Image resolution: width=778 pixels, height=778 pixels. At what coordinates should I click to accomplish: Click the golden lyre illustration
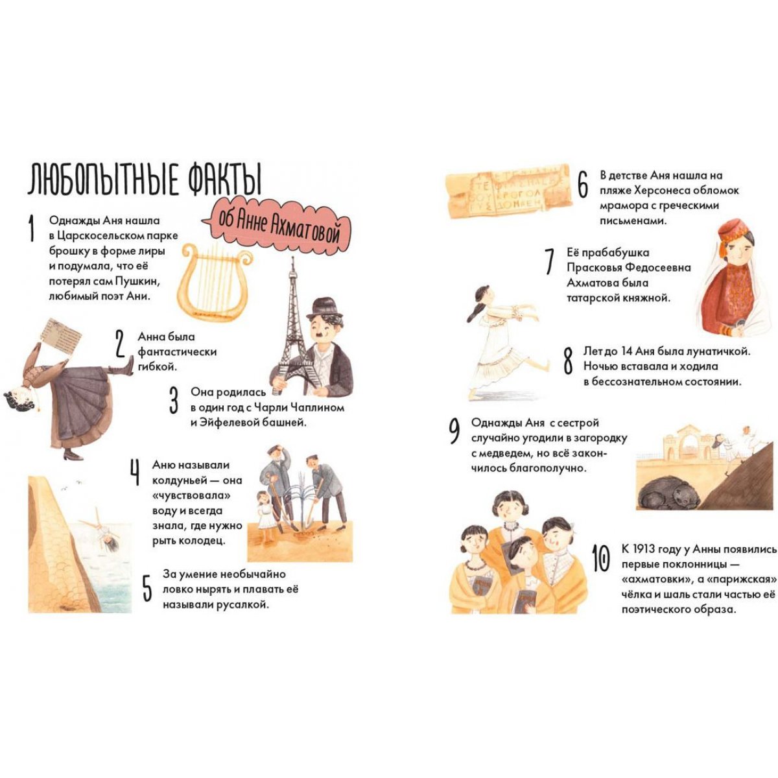tap(217, 281)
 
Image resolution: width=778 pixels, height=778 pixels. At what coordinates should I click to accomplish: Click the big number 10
tap(600, 558)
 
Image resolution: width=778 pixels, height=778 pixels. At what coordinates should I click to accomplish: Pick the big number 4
tap(135, 472)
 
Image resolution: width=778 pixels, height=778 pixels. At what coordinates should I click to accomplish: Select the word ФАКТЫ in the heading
tap(225, 178)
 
